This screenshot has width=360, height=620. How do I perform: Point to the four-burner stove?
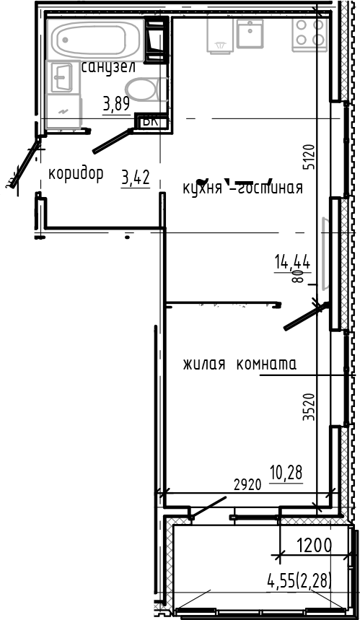click(x=309, y=32)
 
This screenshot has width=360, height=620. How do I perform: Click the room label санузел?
click(x=108, y=67)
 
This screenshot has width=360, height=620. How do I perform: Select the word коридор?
click(x=75, y=174)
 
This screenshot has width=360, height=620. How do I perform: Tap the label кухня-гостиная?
click(x=242, y=188)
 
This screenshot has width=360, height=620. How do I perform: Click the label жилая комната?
click(x=240, y=364)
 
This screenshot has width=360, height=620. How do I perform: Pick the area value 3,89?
click(x=116, y=104)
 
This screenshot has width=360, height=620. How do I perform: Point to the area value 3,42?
click(x=136, y=177)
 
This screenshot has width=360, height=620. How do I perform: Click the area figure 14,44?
click(x=291, y=262)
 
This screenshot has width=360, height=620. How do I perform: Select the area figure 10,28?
click(x=286, y=473)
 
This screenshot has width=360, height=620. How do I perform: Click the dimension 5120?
click(x=309, y=157)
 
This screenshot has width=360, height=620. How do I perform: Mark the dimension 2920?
click(x=247, y=484)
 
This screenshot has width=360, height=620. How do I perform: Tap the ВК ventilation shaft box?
click(x=151, y=121)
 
